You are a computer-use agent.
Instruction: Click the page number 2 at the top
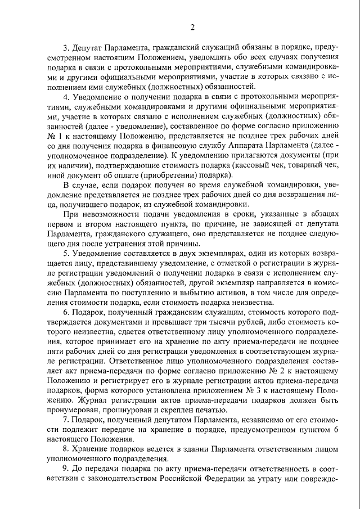click(192, 27)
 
